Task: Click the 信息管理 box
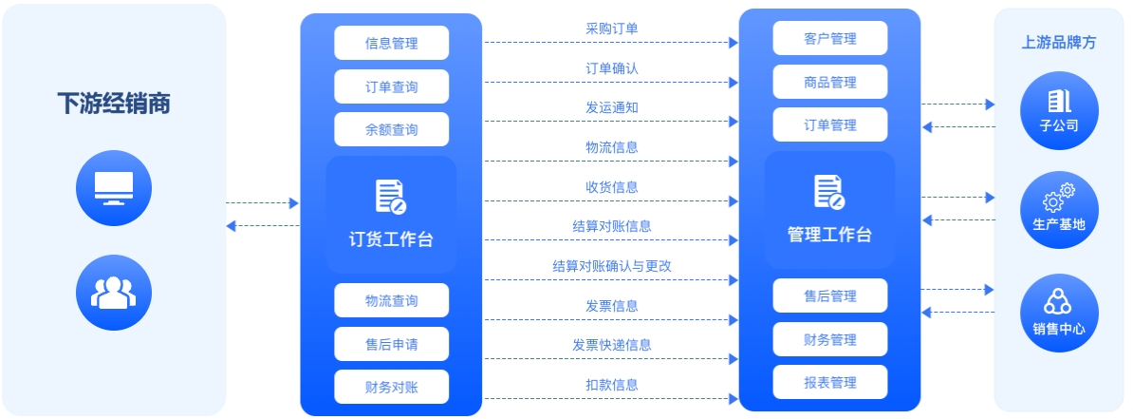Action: [x=391, y=43]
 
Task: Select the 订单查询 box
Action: [x=391, y=86]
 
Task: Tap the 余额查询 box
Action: [x=391, y=129]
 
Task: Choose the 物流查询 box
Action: [x=391, y=300]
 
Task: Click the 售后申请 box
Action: [x=391, y=344]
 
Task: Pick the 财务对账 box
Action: [x=391, y=387]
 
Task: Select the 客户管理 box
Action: [x=829, y=39]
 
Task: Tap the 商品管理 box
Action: [x=829, y=83]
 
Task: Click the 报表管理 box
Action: [x=829, y=382]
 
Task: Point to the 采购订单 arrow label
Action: [x=612, y=29]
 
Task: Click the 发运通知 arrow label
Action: [x=612, y=107]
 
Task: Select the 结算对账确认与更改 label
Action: [x=612, y=266]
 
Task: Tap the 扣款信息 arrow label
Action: [x=612, y=385]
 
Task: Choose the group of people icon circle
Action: [x=114, y=293]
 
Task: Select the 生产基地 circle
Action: [x=1059, y=210]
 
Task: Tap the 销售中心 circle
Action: [x=1059, y=313]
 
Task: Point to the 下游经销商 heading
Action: [x=114, y=104]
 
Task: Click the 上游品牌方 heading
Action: [x=1059, y=43]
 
